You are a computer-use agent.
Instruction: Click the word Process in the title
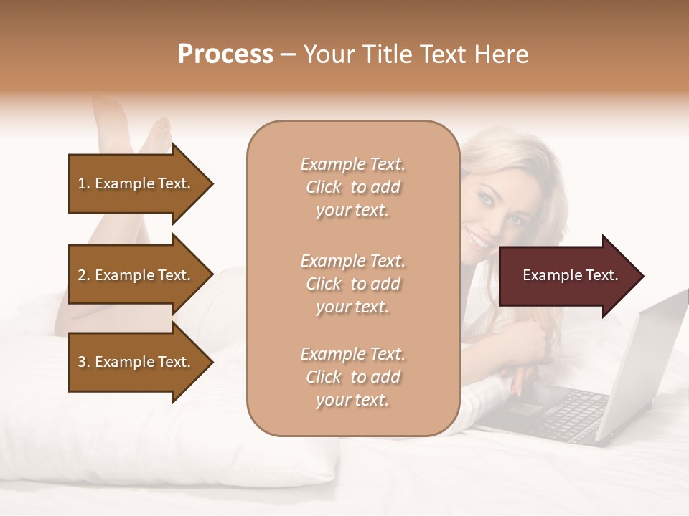pos(225,54)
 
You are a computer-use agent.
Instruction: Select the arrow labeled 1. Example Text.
pos(136,183)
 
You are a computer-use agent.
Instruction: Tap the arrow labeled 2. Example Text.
pos(136,275)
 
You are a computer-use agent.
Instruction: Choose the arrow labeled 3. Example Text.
pos(136,362)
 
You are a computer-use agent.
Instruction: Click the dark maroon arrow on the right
pos(567,275)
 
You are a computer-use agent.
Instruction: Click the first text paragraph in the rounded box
pos(352,187)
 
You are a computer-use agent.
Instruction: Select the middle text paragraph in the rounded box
pos(352,284)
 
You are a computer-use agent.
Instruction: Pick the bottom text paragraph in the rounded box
pos(352,377)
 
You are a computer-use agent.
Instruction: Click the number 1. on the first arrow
pos(84,183)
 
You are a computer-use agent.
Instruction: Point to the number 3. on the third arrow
pos(84,362)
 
